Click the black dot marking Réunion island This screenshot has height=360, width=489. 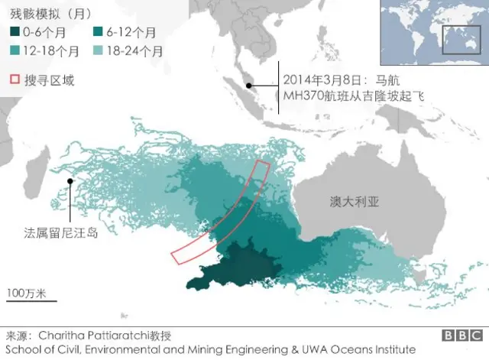(x=70, y=181)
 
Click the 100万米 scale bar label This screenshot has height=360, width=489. (x=27, y=293)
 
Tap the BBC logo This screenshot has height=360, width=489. (x=461, y=336)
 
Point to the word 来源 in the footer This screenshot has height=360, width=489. (x=17, y=336)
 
